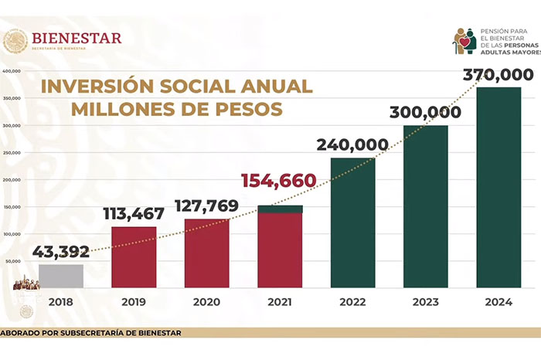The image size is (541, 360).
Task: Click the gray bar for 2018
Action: pos(61,277)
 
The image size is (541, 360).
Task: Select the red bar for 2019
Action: pos(134,258)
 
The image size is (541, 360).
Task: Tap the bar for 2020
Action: pos(206,254)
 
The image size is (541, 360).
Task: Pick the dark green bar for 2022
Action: pos(352,224)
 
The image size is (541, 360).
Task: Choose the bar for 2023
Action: pos(425,207)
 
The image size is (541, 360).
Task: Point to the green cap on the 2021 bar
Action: pos(280,209)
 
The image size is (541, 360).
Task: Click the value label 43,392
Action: pos(60,252)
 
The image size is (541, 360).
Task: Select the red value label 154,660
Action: pos(279,182)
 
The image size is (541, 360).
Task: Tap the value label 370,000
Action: pos(498,75)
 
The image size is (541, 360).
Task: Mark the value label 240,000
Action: pos(352,144)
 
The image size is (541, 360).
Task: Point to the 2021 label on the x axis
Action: pos(279,303)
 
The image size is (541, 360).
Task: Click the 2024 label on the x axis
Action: pos(498,303)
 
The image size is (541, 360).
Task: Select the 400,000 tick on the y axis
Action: pos(12,71)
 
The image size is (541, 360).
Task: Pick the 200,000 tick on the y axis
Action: pos(12,180)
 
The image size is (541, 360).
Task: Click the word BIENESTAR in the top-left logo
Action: pos(77,38)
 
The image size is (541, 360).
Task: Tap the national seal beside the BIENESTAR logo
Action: pos(15,41)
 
